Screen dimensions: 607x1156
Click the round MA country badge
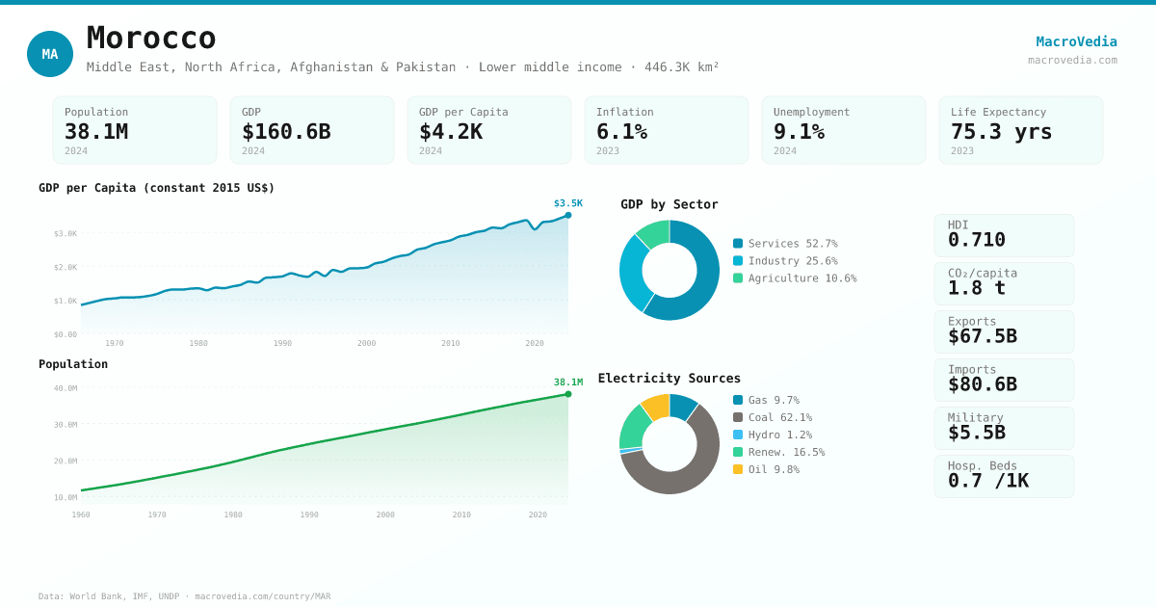(x=50, y=54)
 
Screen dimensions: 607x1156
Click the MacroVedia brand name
(x=1076, y=41)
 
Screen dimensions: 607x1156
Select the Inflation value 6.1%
(x=621, y=132)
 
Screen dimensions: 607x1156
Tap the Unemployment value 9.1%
(x=799, y=132)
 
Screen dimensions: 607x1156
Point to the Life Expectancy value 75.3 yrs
(x=1001, y=132)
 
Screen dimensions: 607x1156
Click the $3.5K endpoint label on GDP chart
(x=567, y=203)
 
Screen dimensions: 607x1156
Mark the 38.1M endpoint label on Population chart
(x=567, y=383)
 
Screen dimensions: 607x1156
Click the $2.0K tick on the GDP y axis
(x=66, y=268)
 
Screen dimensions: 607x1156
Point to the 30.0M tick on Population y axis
(x=66, y=425)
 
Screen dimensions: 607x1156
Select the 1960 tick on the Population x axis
(x=81, y=515)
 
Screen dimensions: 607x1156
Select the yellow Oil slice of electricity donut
(x=656, y=406)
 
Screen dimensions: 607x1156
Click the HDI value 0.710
(x=976, y=240)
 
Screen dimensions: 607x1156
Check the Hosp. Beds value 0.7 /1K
(x=987, y=481)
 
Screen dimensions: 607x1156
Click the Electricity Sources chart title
(x=669, y=379)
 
